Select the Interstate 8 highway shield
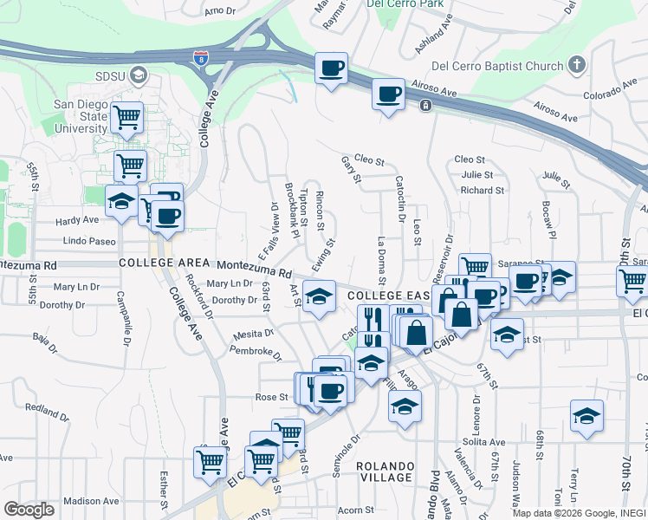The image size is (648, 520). (200, 58)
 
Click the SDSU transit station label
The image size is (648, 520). (113, 75)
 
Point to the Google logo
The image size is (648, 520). (29, 510)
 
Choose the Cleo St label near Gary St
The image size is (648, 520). (369, 160)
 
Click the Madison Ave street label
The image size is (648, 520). (89, 501)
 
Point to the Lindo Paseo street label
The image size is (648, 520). (89, 240)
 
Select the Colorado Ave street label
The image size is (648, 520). (610, 95)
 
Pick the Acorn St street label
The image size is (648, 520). (355, 510)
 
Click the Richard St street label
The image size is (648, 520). (483, 191)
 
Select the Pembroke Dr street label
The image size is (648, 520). (256, 354)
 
